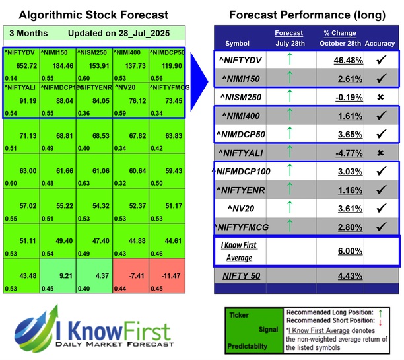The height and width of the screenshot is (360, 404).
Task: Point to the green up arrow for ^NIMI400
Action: (x=289, y=116)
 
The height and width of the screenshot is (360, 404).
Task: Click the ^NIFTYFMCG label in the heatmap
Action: (x=168, y=86)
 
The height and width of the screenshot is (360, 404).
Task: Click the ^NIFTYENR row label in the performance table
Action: (x=241, y=191)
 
